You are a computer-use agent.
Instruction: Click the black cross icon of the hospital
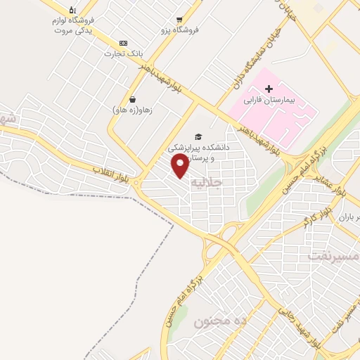tap(269, 89)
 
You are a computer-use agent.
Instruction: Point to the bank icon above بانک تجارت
tap(124, 42)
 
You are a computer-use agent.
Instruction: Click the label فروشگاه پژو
tap(180, 30)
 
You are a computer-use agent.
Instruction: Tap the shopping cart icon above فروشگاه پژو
tap(180, 19)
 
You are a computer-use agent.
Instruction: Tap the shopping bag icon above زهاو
tap(133, 98)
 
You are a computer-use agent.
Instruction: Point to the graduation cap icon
tap(199, 136)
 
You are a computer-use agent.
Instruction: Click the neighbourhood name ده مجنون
tap(221, 321)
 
